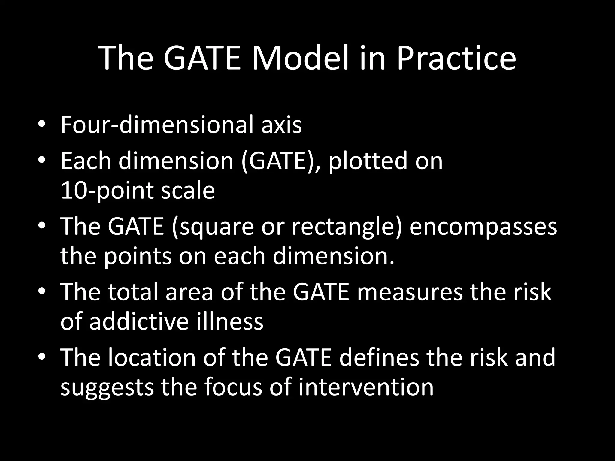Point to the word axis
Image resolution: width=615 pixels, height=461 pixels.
coord(281,125)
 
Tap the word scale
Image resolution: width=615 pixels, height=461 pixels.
coord(188,191)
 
